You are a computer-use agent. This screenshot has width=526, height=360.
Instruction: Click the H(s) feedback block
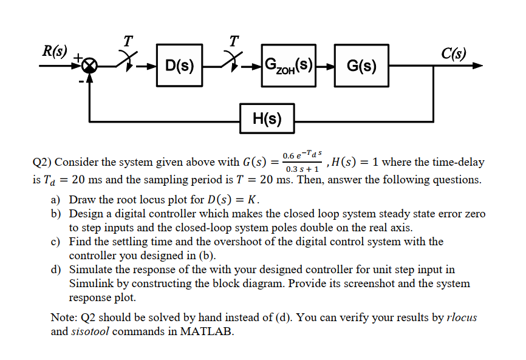[x=266, y=118]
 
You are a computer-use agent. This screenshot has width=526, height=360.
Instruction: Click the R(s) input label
[x=55, y=51]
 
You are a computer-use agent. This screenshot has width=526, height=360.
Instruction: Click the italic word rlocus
[x=462, y=318]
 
